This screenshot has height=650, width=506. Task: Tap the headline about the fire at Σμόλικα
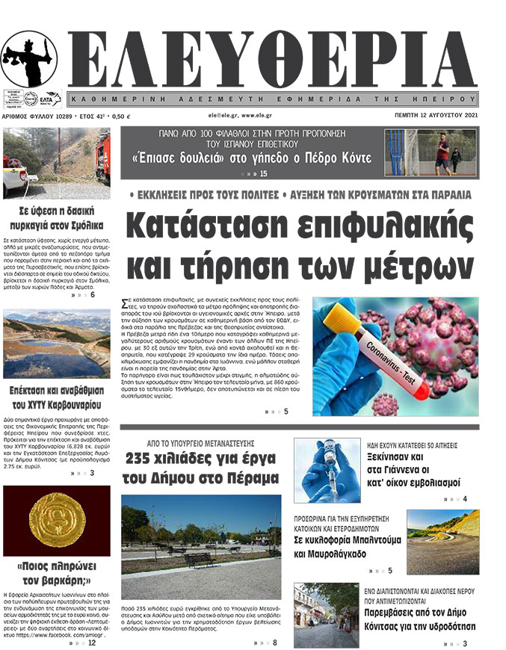(x=57, y=217)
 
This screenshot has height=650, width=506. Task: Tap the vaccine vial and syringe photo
(x=316, y=470)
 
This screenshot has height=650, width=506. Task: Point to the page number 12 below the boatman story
(x=91, y=642)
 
